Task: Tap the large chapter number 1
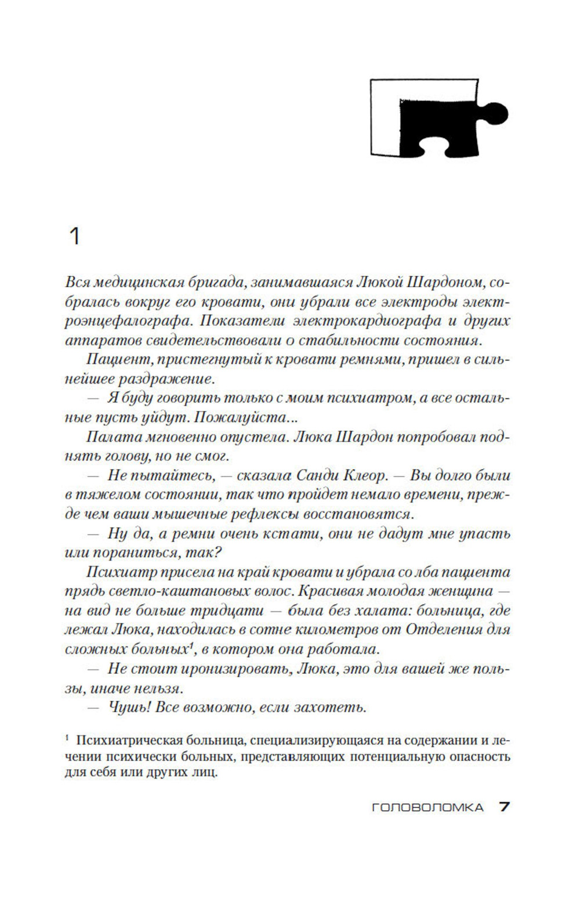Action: (x=74, y=237)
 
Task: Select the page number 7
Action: (x=504, y=807)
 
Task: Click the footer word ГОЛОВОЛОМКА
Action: (x=427, y=807)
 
